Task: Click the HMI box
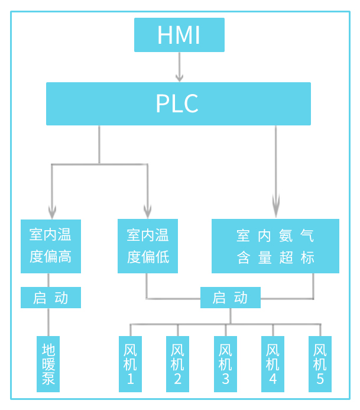coord(179,35)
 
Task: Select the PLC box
coord(179,104)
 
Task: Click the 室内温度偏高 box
coord(50,246)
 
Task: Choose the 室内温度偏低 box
coord(148,246)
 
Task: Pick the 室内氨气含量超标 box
coord(275,246)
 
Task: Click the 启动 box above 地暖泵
coord(50,298)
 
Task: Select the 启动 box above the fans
coord(231,298)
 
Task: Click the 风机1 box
coord(130,364)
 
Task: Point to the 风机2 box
coord(177,364)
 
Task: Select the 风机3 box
coord(225,364)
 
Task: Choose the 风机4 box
coord(273,364)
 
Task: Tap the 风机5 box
coord(320,364)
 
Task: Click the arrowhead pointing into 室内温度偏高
coord(51,212)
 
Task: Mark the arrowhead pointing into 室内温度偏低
coord(148,212)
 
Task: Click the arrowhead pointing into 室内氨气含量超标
coord(275,208)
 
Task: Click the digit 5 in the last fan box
coord(320,379)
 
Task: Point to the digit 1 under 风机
coord(130,379)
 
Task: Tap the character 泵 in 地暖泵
coord(48,379)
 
